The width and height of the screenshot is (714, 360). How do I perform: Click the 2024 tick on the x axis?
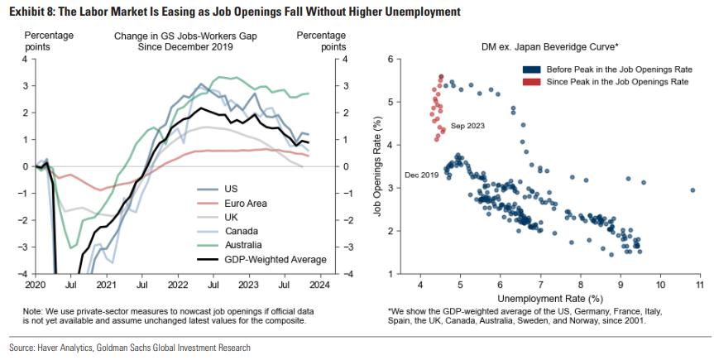319,285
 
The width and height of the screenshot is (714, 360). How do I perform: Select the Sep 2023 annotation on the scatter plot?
467,125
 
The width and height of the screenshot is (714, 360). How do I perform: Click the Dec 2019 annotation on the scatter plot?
422,175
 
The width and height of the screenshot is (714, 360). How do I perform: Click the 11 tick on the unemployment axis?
699,284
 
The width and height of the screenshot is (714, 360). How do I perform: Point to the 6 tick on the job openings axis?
400,60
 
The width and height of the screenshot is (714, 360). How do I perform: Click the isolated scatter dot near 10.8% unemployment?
692,190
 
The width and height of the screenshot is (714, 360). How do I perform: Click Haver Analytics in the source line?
68,348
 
